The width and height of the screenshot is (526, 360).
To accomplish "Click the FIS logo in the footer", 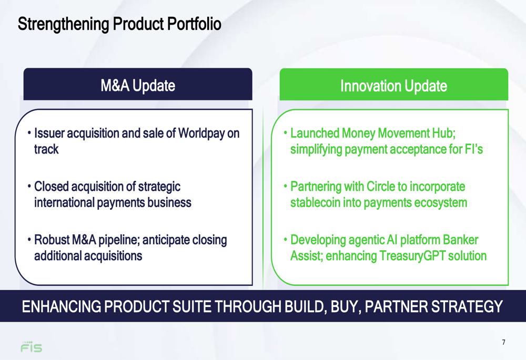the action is point(32,347).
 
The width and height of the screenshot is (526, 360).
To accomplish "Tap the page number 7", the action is point(503,342).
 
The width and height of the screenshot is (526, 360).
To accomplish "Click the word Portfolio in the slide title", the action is point(194,24).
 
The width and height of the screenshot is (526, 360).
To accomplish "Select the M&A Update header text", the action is point(138,86).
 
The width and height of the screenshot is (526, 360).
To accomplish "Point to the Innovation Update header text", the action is point(394,86).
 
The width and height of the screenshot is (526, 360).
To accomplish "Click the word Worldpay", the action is point(201,133).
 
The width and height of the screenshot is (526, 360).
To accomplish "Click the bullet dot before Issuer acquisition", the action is point(29,133).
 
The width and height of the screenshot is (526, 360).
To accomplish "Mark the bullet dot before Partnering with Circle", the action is point(286,186).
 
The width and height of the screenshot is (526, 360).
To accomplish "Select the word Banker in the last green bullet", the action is point(460,240).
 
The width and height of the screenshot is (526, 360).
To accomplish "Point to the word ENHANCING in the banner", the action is point(62,307).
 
